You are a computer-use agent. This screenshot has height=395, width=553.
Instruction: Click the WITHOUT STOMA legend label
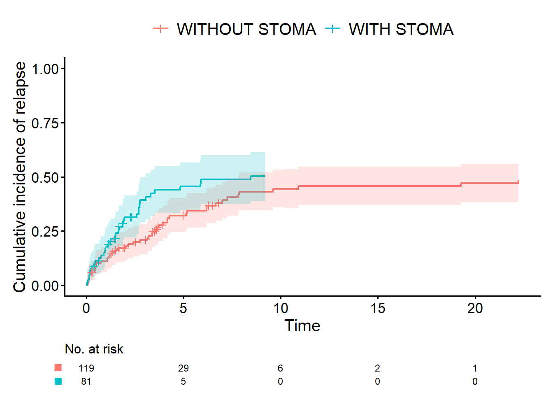click(246, 29)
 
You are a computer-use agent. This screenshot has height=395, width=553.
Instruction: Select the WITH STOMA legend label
click(401, 29)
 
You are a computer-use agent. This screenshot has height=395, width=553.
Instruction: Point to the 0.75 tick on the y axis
click(48, 123)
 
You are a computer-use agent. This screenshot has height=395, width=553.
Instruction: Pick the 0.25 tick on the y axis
click(48, 231)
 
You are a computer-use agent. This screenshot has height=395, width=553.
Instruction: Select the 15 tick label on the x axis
click(378, 308)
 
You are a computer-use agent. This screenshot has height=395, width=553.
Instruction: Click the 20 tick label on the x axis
click(475, 308)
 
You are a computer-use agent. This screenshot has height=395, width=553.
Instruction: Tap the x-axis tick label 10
click(281, 308)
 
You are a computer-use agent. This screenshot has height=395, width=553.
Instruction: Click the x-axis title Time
click(302, 326)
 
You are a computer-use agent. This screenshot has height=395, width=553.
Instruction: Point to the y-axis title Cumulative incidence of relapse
click(20, 177)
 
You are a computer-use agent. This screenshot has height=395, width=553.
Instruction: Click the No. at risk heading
click(94, 349)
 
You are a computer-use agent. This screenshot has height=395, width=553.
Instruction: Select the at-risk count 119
click(86, 368)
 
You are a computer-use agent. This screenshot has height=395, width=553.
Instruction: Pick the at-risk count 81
click(86, 381)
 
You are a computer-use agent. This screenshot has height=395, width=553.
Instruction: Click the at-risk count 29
click(184, 368)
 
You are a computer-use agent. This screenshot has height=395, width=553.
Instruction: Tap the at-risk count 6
click(281, 368)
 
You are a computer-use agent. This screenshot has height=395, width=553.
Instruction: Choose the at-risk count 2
click(378, 368)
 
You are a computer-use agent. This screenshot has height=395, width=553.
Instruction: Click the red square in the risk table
click(58, 368)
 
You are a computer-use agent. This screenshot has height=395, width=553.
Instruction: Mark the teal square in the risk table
click(58, 381)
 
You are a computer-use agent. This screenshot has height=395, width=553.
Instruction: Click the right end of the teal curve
click(265, 176)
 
